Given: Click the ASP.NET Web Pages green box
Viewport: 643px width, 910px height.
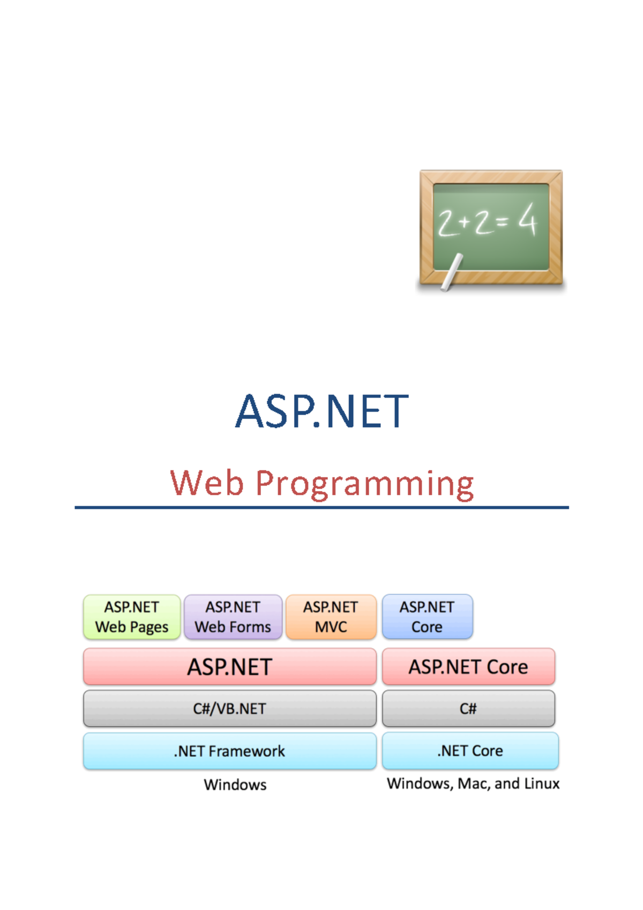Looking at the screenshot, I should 132,617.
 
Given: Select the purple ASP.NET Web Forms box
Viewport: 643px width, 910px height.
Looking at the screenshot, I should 233,617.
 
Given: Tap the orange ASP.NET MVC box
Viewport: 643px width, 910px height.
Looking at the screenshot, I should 331,617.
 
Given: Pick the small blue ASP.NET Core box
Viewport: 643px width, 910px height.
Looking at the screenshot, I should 427,617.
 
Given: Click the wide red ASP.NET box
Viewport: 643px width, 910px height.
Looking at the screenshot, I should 230,667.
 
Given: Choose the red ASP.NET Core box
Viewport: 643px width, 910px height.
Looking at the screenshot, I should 468,667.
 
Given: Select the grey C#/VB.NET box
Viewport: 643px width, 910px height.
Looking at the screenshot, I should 230,708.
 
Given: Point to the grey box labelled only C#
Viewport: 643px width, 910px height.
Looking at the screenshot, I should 468,708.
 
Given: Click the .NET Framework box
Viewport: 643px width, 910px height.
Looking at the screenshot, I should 230,751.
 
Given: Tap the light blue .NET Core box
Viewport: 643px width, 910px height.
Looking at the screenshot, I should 470,751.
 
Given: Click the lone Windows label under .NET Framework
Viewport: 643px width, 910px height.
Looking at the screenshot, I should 235,785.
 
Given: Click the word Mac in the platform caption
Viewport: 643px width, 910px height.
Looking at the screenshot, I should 473,784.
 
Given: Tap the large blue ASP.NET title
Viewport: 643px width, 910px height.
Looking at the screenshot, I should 322,412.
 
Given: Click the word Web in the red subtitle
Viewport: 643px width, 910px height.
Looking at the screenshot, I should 207,483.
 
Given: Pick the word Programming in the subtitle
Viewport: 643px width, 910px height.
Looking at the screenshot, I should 364,484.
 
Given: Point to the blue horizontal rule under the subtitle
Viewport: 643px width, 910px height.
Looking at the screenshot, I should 322,507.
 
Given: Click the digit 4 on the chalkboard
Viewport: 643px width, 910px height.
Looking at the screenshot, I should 527,219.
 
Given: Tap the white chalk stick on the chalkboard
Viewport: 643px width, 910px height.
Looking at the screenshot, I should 452,272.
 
